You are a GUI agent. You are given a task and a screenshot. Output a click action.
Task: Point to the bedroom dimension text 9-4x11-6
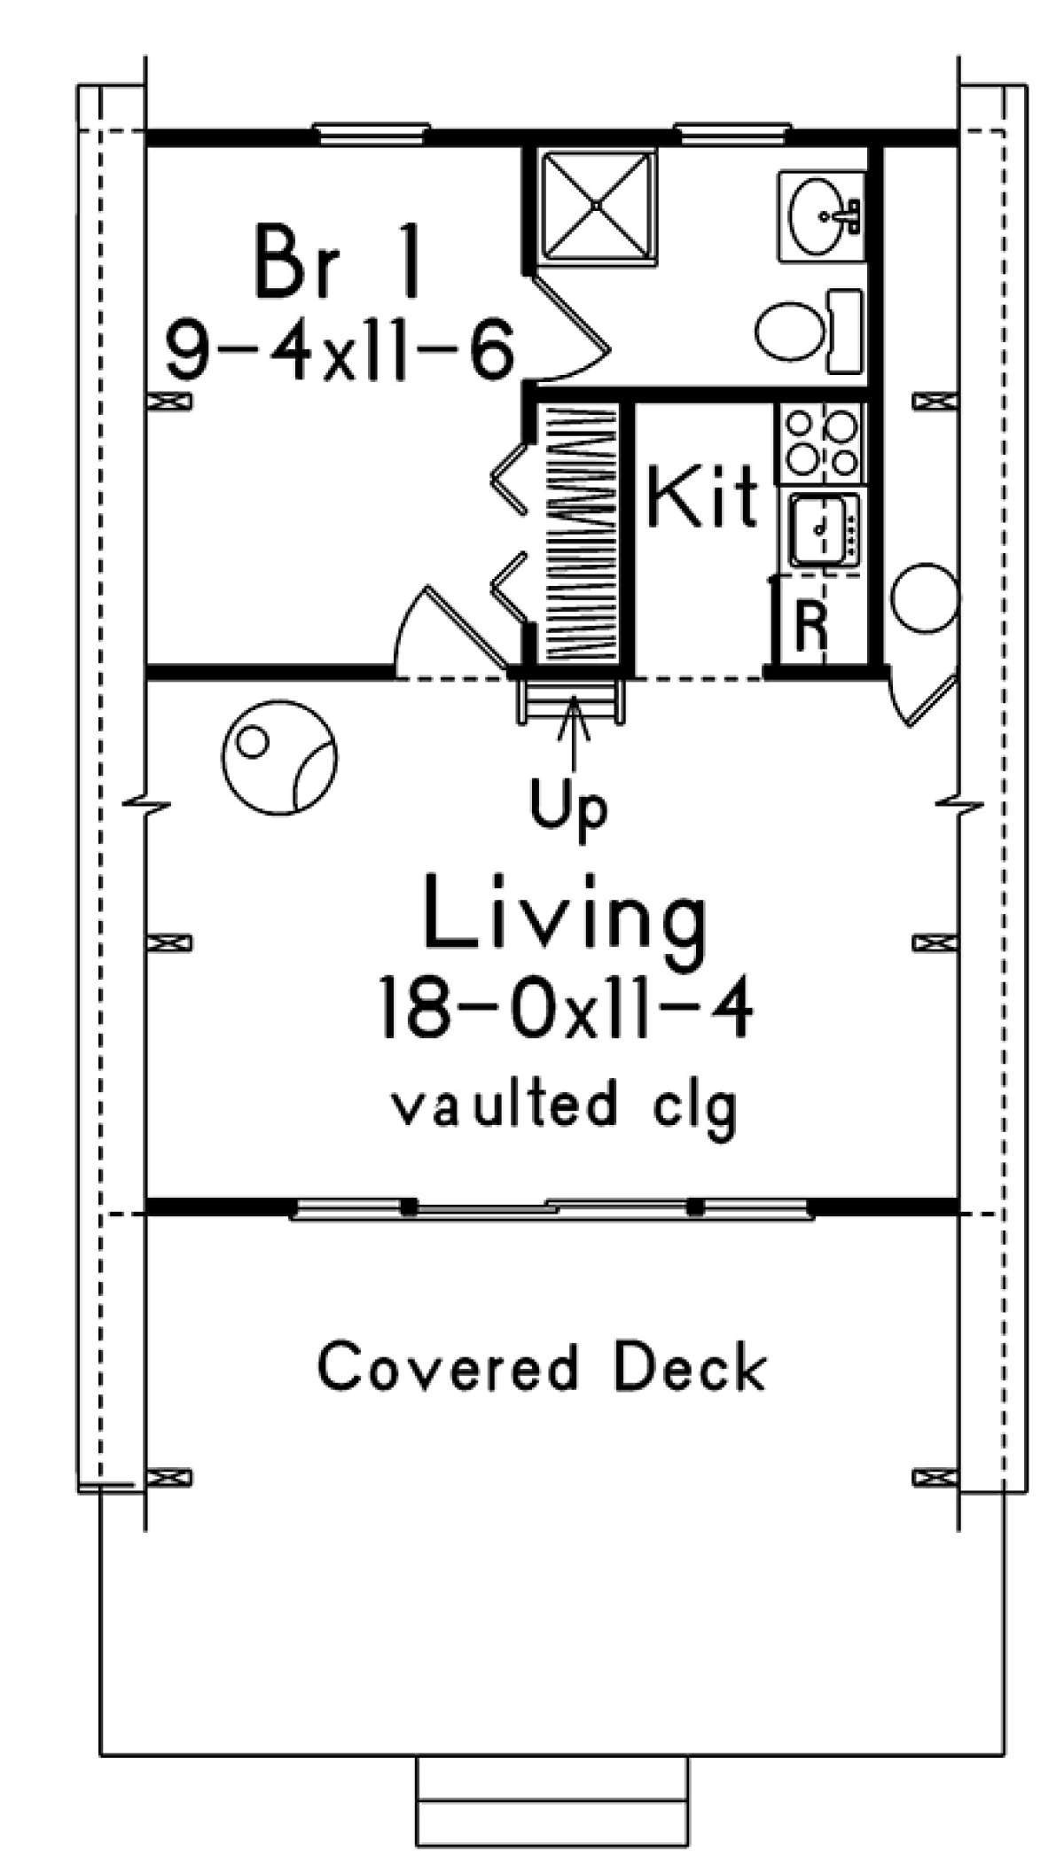(x=340, y=353)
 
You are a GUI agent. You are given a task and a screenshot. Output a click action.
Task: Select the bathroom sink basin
(x=819, y=216)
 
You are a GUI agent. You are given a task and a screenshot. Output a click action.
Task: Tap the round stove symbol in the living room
(x=279, y=762)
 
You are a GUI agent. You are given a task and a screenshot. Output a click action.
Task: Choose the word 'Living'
(x=567, y=910)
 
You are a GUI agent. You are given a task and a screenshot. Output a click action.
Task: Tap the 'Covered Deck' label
(x=542, y=1366)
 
